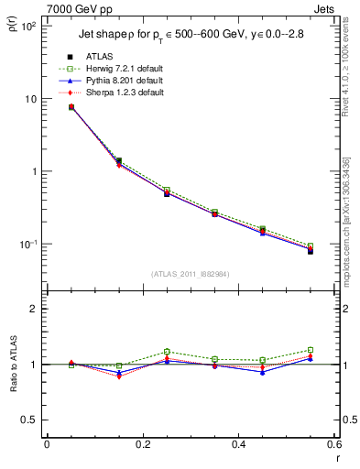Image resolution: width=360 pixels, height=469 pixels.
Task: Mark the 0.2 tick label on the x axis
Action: (x=142, y=444)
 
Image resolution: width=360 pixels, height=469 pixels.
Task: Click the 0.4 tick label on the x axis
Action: (x=238, y=444)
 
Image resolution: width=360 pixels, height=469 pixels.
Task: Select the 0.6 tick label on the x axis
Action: (x=333, y=444)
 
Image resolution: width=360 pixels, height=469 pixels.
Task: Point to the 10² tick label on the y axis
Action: (x=27, y=26)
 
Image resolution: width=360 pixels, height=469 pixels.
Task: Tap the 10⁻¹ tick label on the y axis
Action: (x=27, y=245)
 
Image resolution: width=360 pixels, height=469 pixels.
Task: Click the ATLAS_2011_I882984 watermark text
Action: (x=190, y=273)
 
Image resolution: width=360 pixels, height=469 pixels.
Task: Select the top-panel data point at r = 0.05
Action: (x=71, y=107)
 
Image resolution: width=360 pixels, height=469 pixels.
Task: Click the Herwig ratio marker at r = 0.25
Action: (x=167, y=352)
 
